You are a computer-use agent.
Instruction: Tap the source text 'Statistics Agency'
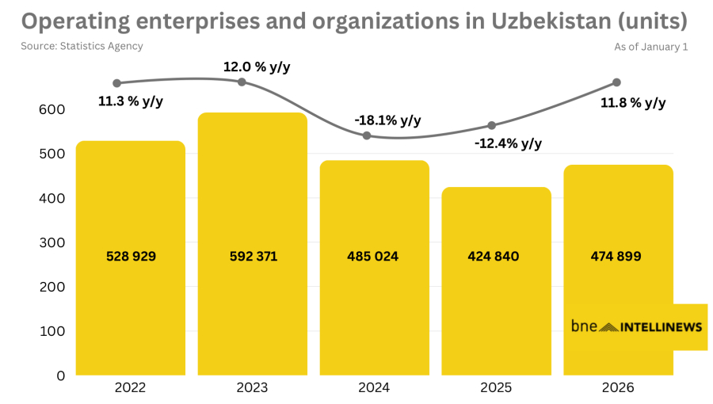pyautogui.click(x=101, y=46)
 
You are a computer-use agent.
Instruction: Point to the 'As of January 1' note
pyautogui.click(x=650, y=47)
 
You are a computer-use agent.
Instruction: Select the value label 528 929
pyautogui.click(x=131, y=256)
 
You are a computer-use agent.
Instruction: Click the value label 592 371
pyautogui.click(x=253, y=256)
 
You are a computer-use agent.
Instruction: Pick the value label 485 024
pyautogui.click(x=373, y=256)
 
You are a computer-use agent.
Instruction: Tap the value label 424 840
pyautogui.click(x=495, y=256)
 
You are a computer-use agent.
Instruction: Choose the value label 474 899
pyautogui.click(x=616, y=256)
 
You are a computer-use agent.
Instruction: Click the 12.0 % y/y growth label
pyautogui.click(x=257, y=67)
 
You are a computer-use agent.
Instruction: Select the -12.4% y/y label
pyautogui.click(x=509, y=143)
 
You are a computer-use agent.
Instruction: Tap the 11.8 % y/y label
pyautogui.click(x=633, y=103)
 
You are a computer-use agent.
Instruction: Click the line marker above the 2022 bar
pyautogui.click(x=117, y=83)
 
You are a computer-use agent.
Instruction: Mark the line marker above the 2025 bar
pyautogui.click(x=491, y=125)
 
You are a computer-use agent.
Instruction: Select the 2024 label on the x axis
pyautogui.click(x=374, y=388)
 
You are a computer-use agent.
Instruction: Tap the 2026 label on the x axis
pyautogui.click(x=618, y=388)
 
